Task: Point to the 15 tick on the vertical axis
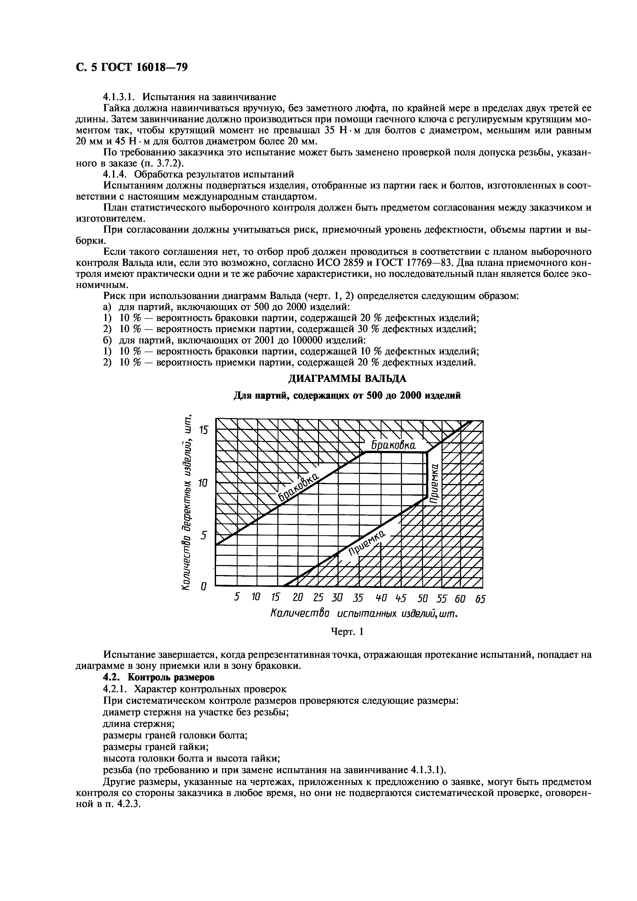pos(204,430)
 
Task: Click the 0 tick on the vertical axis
pos(203,587)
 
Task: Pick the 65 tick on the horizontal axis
pos(480,599)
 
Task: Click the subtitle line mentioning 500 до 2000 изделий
pos(347,396)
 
